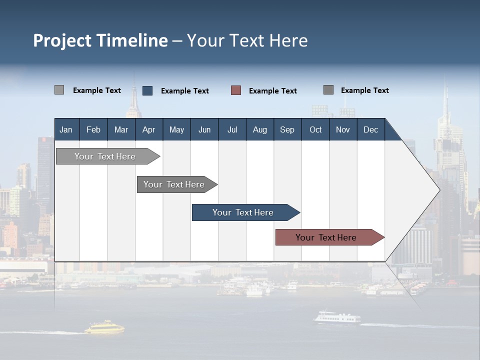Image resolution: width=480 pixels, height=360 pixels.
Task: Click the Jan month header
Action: (66, 129)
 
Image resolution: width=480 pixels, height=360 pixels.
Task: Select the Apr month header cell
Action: (148, 129)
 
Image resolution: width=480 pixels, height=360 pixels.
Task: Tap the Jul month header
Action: (232, 129)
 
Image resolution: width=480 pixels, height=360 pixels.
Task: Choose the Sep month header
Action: (287, 129)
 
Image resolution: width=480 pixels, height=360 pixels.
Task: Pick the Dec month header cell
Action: (370, 129)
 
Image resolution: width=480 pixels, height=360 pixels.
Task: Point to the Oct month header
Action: (315, 129)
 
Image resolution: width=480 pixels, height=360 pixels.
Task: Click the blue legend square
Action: (147, 90)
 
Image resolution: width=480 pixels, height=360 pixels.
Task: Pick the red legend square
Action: (236, 90)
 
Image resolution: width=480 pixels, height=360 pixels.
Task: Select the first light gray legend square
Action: (59, 90)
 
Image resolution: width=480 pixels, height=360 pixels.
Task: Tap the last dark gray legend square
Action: (328, 90)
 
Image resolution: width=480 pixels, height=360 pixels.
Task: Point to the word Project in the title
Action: (62, 41)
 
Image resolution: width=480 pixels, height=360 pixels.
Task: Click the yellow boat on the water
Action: (104, 328)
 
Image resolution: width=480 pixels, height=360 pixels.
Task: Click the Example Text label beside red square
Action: (272, 91)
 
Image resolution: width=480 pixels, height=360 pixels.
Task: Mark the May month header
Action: (176, 129)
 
